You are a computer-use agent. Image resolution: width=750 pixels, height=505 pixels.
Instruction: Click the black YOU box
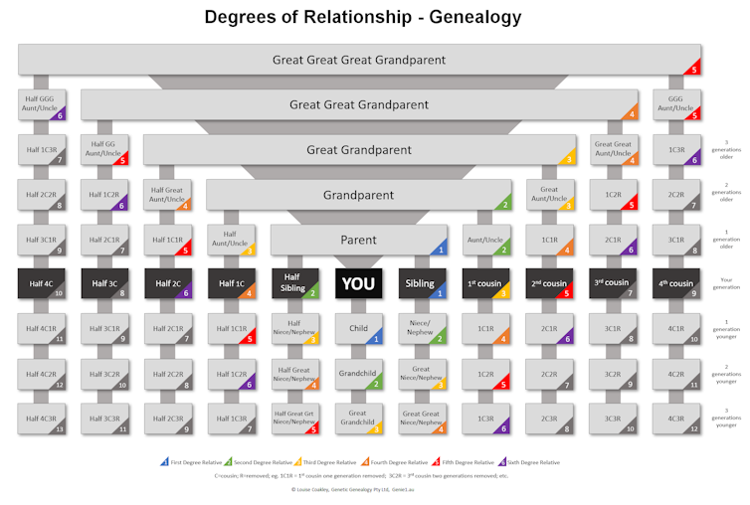tap(358, 283)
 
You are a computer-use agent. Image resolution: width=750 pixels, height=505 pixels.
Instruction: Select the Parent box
tap(358, 240)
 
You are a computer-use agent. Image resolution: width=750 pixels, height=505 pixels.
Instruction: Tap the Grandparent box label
tap(358, 195)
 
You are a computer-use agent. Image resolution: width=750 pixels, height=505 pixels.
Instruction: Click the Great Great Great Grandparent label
tap(358, 60)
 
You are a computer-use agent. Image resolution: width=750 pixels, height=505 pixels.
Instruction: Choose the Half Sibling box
tap(293, 283)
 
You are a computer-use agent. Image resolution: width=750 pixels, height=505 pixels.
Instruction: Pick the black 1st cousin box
tap(485, 283)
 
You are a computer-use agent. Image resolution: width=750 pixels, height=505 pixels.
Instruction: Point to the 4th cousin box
tap(676, 283)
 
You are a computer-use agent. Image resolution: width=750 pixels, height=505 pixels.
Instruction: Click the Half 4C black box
tap(42, 283)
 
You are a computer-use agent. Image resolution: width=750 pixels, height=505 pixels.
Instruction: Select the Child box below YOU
tap(358, 329)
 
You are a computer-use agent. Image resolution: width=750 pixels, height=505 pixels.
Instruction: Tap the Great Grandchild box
tap(358, 418)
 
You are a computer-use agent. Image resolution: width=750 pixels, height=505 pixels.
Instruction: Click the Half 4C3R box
tap(42, 419)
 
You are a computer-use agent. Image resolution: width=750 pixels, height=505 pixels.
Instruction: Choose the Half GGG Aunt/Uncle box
tap(42, 104)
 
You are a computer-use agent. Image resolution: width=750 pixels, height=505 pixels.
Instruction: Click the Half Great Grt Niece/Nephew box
tap(293, 419)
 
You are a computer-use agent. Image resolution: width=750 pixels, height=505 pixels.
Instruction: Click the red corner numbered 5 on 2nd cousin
tap(567, 294)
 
